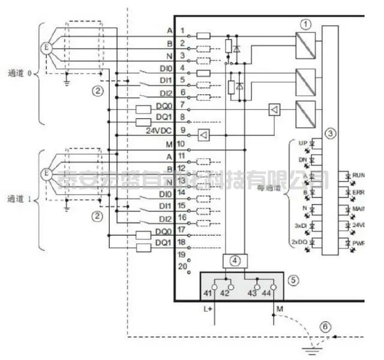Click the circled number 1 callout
(x=307, y=25)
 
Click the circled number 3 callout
(x=328, y=132)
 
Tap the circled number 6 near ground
(x=325, y=326)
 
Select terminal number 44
(x=266, y=293)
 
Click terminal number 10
(x=181, y=144)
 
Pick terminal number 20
(x=181, y=265)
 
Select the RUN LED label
(x=358, y=174)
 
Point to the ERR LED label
(x=358, y=192)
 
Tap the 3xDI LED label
(x=301, y=226)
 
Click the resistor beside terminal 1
(x=203, y=35)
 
